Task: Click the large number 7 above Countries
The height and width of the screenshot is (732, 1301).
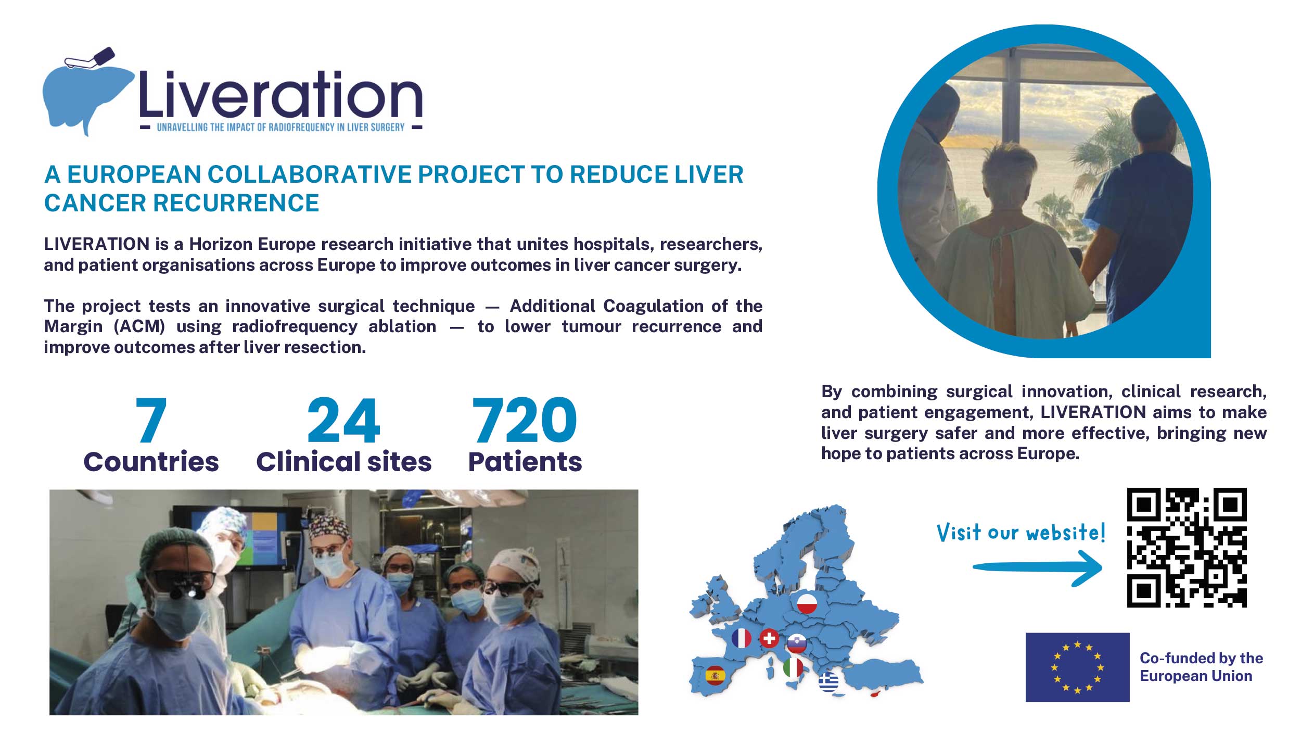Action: [151, 419]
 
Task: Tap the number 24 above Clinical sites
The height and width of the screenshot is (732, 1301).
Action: [344, 419]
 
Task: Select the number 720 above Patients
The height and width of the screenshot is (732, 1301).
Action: [525, 419]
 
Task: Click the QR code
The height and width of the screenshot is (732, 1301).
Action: [1187, 547]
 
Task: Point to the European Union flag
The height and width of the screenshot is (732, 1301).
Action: [1077, 667]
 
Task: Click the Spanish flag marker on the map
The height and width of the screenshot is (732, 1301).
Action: [715, 676]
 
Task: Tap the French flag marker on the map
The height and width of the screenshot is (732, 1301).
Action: [741, 638]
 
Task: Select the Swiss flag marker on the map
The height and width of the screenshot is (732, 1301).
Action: [769, 638]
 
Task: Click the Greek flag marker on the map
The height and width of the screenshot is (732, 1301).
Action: [828, 681]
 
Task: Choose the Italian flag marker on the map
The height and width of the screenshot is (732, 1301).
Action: [793, 667]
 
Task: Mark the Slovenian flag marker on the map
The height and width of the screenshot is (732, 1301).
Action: [797, 644]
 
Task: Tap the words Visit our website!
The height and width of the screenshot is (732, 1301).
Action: [1021, 533]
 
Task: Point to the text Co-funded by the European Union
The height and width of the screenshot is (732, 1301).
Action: [1201, 667]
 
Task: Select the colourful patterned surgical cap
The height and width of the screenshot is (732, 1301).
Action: [329, 527]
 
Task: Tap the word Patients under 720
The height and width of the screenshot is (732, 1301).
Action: [525, 462]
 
